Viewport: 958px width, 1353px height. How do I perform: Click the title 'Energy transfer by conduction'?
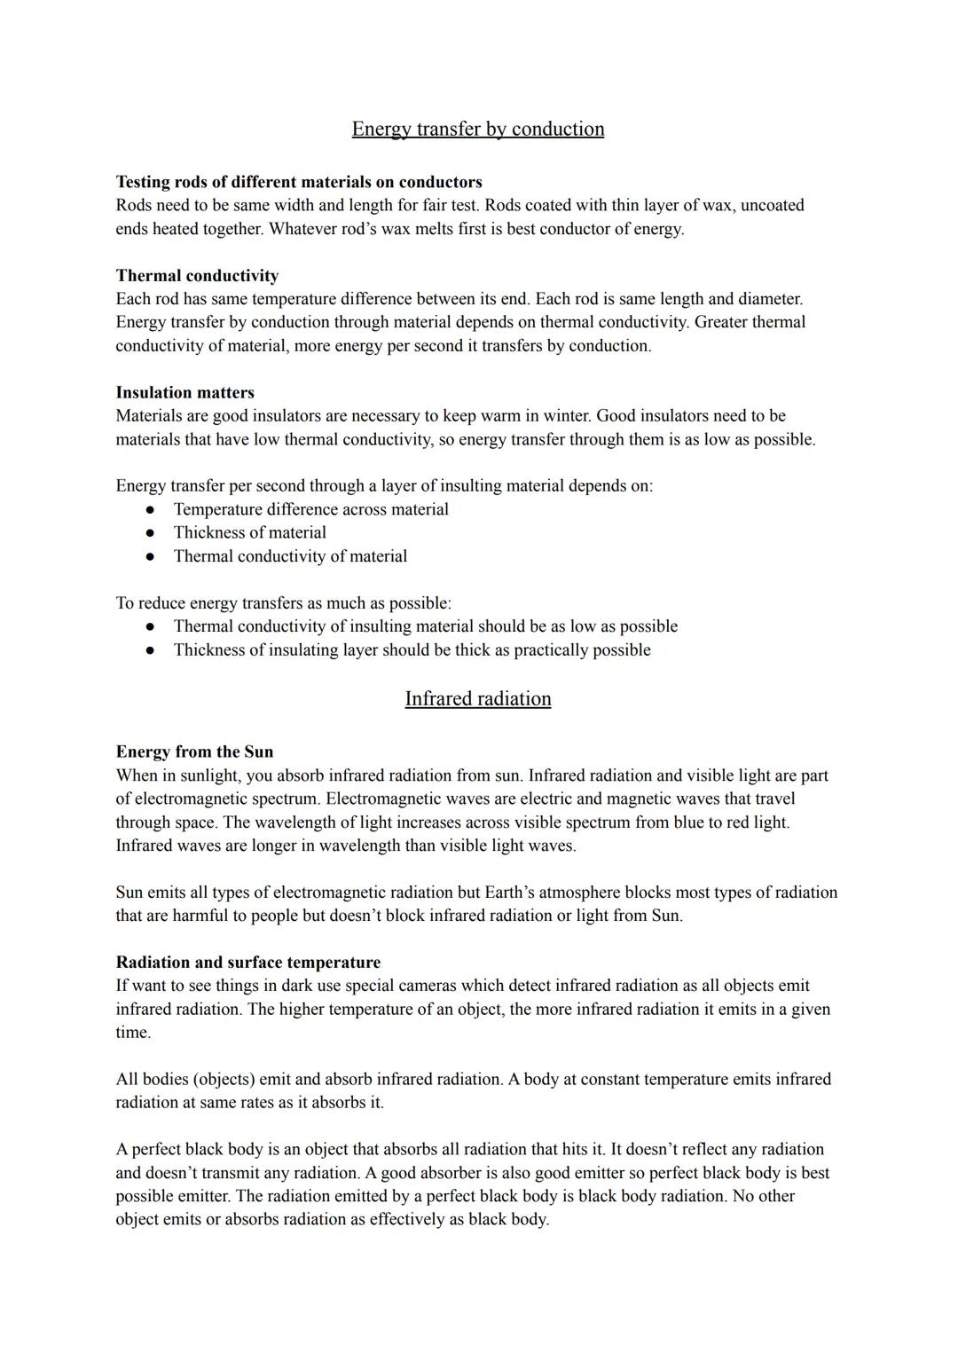477,130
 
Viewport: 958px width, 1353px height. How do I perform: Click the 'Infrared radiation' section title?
477,699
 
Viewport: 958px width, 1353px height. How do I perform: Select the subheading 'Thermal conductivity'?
197,276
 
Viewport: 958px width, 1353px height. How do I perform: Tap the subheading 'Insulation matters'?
185,393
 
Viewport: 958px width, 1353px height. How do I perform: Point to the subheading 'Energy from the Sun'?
194,752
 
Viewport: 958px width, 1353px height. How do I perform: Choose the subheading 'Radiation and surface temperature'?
247,963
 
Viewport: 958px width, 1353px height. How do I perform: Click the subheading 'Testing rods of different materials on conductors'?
299,182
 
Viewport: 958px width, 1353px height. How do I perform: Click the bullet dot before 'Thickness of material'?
151,533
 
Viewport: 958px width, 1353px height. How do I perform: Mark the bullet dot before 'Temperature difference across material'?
151,510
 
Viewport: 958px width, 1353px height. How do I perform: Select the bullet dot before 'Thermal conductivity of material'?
151,557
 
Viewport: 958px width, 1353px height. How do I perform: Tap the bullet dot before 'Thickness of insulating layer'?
151,650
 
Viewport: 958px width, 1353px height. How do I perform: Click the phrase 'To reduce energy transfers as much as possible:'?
283,603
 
